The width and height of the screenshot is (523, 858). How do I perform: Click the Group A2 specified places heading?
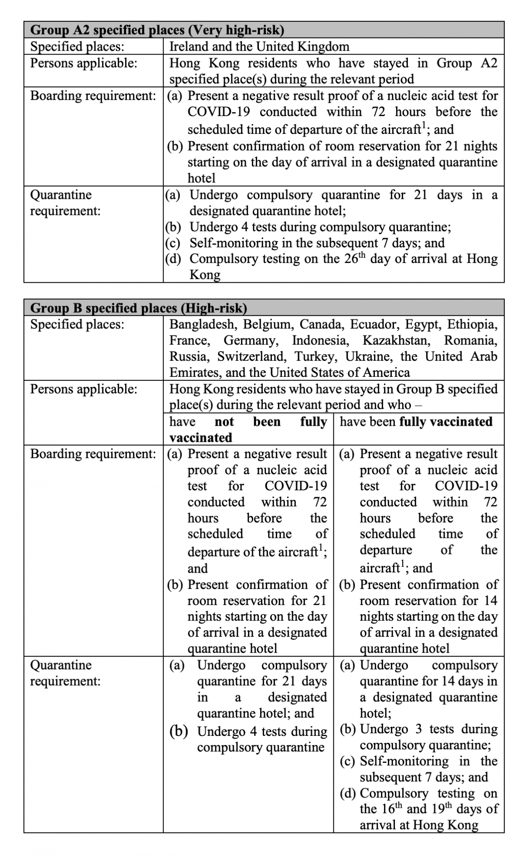click(157, 30)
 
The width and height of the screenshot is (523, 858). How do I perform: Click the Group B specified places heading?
click(139, 308)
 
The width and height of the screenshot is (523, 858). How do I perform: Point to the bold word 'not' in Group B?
click(224, 422)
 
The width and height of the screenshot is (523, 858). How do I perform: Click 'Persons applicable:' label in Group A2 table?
click(83, 63)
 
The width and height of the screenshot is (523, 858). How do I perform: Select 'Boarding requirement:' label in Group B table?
click(93, 454)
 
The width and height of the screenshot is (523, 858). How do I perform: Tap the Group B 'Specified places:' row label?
click(77, 325)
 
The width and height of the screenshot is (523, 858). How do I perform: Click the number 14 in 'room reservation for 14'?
click(490, 601)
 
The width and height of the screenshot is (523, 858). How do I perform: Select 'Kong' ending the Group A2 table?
click(204, 275)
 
